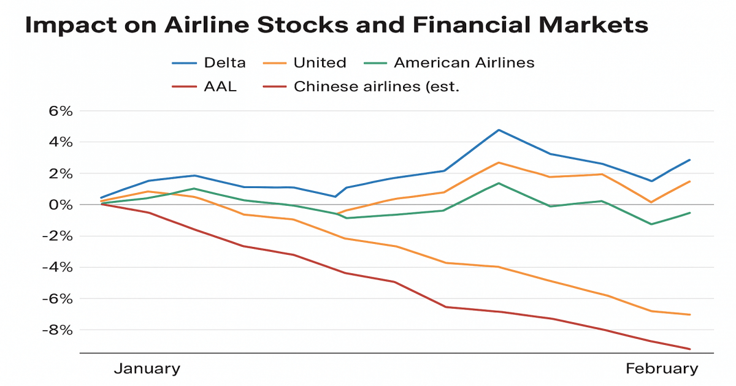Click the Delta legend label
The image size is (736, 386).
pyautogui.click(x=226, y=62)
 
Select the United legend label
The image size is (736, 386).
pyautogui.click(x=320, y=62)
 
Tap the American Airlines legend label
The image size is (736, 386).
pyautogui.click(x=464, y=62)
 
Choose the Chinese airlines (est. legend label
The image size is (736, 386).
pyautogui.click(x=377, y=86)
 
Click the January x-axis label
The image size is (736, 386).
pyautogui.click(x=147, y=368)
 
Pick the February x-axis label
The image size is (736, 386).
pyautogui.click(x=661, y=368)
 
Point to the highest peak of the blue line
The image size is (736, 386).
pyautogui.click(x=499, y=130)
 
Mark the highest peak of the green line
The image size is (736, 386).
pyautogui.click(x=499, y=183)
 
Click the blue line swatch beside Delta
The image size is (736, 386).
pyautogui.click(x=184, y=62)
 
